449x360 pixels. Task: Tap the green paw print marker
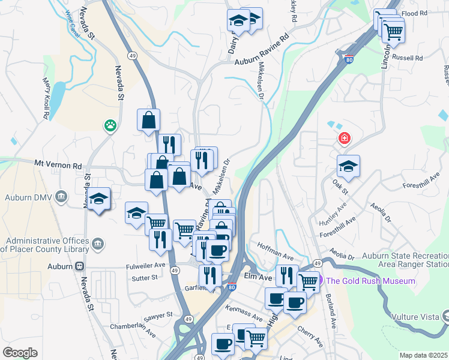tap(110, 125)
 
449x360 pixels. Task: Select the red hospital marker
tap(345, 139)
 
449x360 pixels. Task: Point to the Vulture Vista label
tap(415, 316)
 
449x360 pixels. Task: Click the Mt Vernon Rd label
tap(58, 164)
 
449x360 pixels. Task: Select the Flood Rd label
tap(415, 13)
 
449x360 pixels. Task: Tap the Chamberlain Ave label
tap(133, 327)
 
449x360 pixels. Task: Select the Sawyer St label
tap(158, 314)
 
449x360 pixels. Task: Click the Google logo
tap(20, 353)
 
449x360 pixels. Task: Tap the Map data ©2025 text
tap(423, 355)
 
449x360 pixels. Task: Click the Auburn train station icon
tap(79, 266)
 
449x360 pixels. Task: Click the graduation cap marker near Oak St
tap(348, 167)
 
